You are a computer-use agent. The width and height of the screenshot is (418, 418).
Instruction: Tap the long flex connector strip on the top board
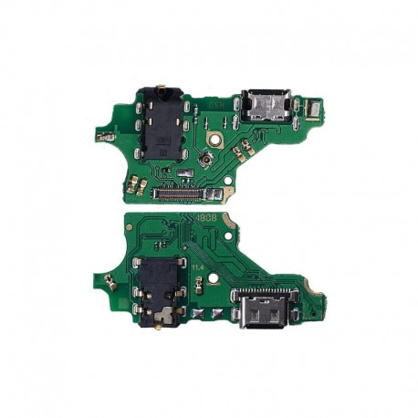point(183,194)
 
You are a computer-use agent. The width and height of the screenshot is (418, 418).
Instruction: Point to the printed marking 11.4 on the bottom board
point(197,267)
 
